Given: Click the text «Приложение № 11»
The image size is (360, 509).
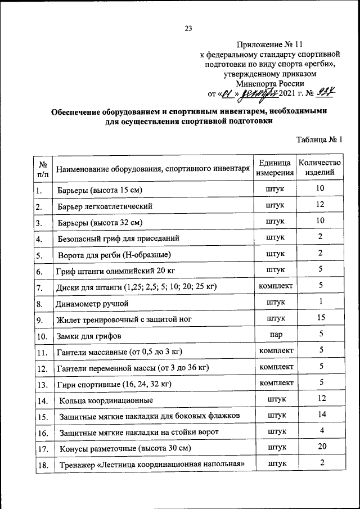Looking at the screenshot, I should pos(270,44).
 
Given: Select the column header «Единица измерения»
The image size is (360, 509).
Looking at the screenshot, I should pos(276,168).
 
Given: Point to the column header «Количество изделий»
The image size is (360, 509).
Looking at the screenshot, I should pos(319,168).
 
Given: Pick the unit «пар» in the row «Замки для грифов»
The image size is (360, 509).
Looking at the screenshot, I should pos(276,335).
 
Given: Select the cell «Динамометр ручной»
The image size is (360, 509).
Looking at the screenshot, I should pos(92,304).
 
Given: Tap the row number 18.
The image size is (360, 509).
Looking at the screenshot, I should pos(42,465).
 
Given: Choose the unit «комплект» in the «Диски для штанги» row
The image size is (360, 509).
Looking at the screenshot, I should pos(276,286).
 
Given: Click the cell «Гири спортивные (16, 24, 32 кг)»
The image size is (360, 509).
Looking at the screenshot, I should pos(114,384).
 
